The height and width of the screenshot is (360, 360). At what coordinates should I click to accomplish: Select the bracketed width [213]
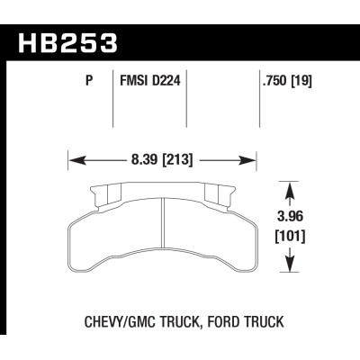click(x=181, y=162)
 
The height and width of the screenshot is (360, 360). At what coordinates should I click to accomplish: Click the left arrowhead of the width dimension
click(x=75, y=162)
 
